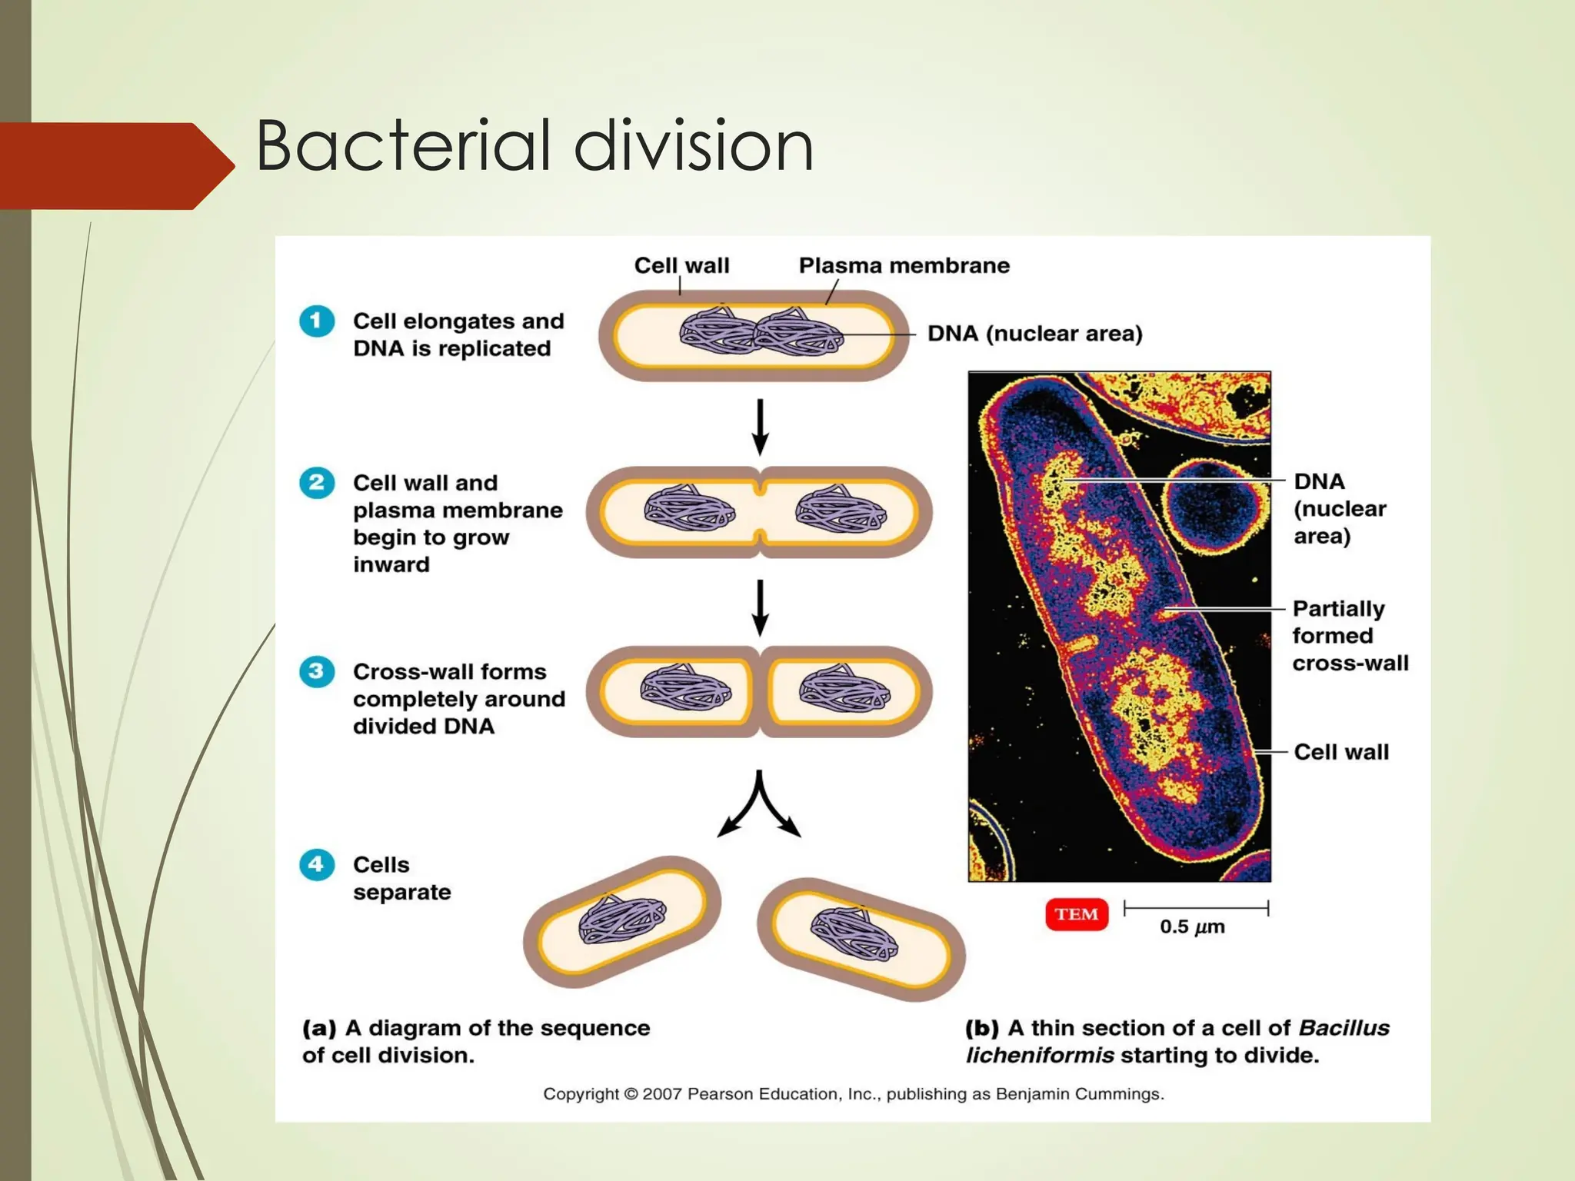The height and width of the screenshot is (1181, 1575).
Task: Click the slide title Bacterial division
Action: pyautogui.click(x=534, y=145)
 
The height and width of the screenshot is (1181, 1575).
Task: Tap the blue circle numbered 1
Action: pyautogui.click(x=317, y=321)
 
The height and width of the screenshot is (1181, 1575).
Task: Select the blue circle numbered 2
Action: pyautogui.click(x=317, y=483)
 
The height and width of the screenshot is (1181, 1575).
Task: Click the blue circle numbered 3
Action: pyautogui.click(x=317, y=671)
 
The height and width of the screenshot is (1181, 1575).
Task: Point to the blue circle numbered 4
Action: pyautogui.click(x=317, y=864)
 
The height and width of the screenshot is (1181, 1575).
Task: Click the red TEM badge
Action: pyautogui.click(x=1076, y=914)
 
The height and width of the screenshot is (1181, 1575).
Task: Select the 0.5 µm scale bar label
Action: pyautogui.click(x=1192, y=927)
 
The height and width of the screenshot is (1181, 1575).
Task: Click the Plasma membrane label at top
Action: pyautogui.click(x=904, y=265)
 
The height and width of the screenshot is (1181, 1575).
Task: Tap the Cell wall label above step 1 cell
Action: pyautogui.click(x=681, y=265)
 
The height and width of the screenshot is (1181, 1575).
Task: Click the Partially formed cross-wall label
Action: pyautogui.click(x=1350, y=636)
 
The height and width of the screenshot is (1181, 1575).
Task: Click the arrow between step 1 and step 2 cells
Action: pyautogui.click(x=760, y=427)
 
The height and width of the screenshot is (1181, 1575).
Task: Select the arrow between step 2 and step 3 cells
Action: pyautogui.click(x=760, y=607)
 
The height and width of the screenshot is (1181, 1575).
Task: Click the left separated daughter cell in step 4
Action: pyautogui.click(x=621, y=921)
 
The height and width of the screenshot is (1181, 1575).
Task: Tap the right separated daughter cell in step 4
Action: pyautogui.click(x=861, y=939)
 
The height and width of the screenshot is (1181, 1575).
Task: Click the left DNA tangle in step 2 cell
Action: pyautogui.click(x=689, y=510)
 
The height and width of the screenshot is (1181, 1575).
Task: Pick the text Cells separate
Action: pyautogui.click(x=401, y=878)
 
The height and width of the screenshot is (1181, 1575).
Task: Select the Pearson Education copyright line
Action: pyautogui.click(x=854, y=1093)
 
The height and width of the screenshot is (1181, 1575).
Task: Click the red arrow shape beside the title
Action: pyautogui.click(x=115, y=165)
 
